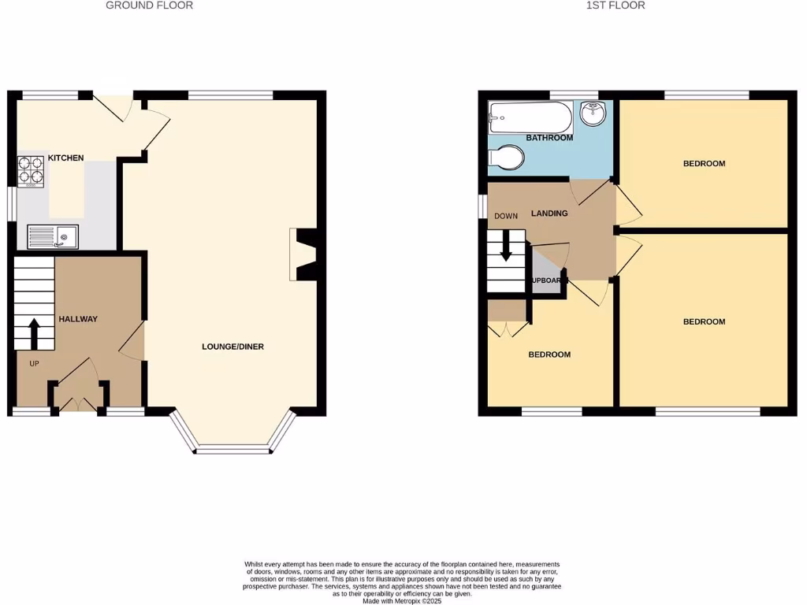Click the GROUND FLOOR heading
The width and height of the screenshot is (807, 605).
tap(149, 6)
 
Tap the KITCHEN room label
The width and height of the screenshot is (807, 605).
tap(66, 158)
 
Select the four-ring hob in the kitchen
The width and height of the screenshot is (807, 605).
tap(31, 173)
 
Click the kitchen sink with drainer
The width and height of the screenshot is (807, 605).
tap(52, 236)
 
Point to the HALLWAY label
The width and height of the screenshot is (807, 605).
tap(78, 319)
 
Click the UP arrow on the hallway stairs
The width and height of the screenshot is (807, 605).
tap(34, 333)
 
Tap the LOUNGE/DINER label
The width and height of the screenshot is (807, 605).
tap(232, 347)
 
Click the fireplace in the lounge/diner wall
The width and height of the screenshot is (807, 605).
tap(304, 254)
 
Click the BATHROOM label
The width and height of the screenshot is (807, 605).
tap(549, 138)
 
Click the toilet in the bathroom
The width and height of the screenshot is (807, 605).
tap(506, 158)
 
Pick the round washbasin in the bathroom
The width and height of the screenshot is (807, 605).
tap(591, 113)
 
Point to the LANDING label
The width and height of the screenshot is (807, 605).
tap(549, 213)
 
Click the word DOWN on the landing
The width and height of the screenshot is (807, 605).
tap(506, 216)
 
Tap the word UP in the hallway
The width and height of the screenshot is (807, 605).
tap(34, 364)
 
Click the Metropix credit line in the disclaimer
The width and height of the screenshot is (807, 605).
tap(403, 601)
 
